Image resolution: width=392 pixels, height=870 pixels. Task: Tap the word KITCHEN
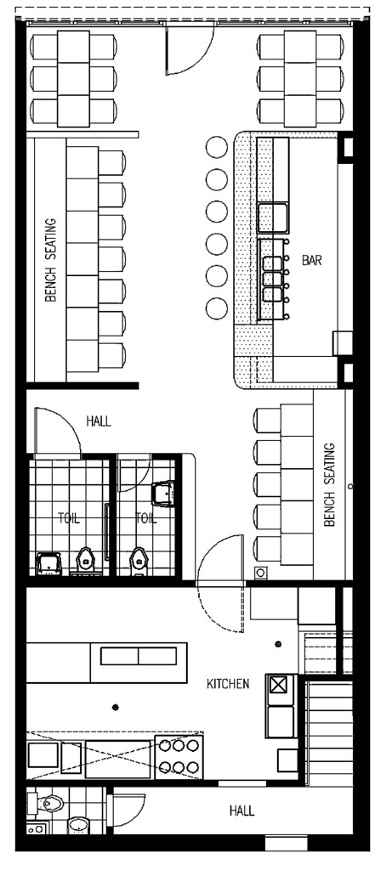coord(227,683)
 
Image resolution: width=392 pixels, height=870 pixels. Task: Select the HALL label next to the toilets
coord(99,421)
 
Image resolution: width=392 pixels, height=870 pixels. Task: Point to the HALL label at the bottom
coord(241,811)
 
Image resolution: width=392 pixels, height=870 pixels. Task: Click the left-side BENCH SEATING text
coord(51,260)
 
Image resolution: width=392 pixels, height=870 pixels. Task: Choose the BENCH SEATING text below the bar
coord(330,484)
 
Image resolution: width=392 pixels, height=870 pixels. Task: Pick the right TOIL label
coord(146,517)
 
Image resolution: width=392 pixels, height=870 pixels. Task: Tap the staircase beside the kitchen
coord(329,731)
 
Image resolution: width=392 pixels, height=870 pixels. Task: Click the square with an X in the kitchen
coord(279,685)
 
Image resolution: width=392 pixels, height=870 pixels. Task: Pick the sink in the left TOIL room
coord(48,561)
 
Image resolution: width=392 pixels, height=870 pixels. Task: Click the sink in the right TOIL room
coord(162,491)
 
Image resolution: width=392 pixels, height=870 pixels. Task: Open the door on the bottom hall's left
coord(128,811)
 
